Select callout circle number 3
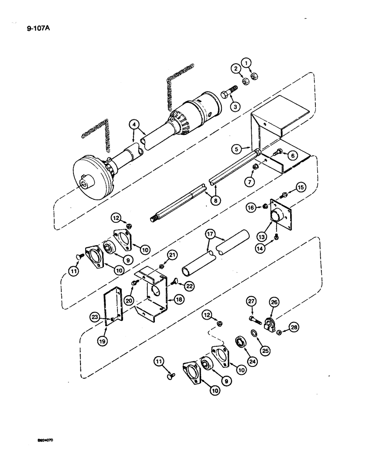coord(235,107)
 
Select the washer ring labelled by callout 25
coord(254,333)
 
